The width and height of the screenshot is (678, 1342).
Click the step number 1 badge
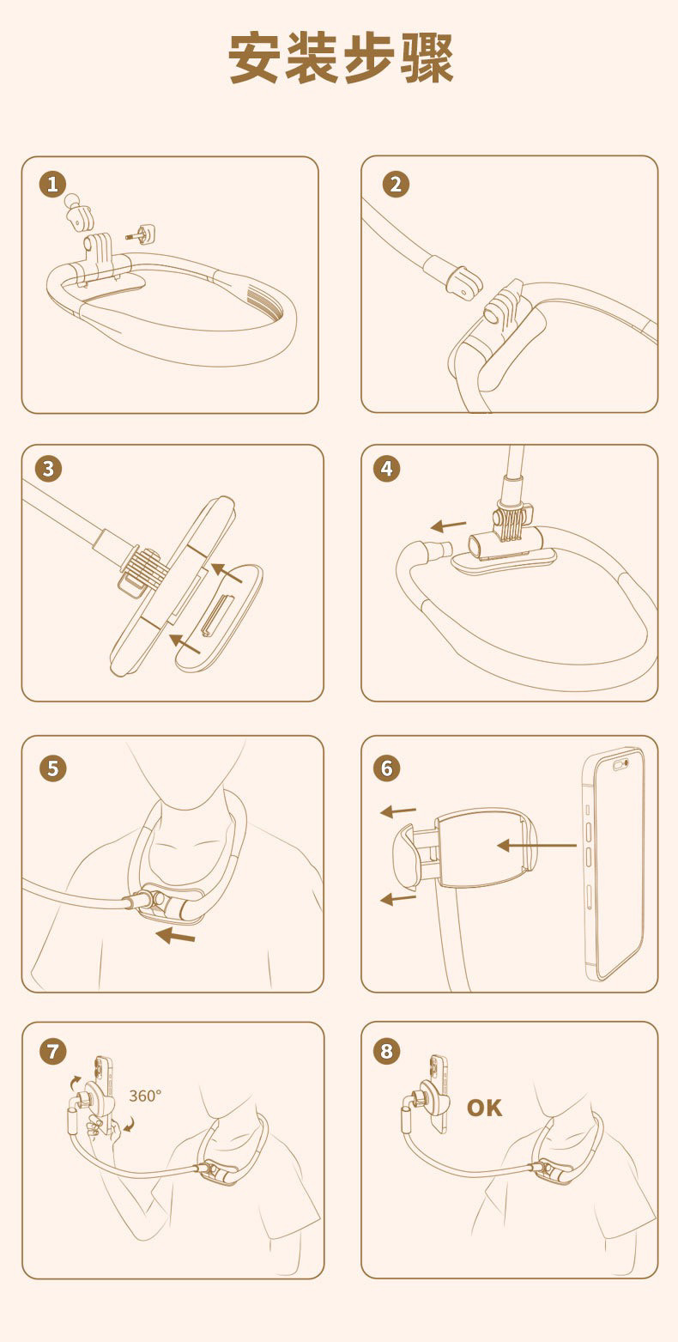(x=52, y=185)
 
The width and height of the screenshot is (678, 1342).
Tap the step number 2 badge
(x=396, y=185)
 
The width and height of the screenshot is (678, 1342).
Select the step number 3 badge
(x=49, y=469)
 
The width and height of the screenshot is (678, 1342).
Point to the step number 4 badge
(x=387, y=469)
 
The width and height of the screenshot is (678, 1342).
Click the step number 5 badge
(x=52, y=768)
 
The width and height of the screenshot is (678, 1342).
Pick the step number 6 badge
(x=387, y=768)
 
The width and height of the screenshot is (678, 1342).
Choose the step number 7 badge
(x=52, y=1051)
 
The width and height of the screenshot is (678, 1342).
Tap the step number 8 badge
(x=387, y=1051)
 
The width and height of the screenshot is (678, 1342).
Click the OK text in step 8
(x=485, y=1108)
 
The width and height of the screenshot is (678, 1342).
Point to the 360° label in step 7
(x=145, y=1096)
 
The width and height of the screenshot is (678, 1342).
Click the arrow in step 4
(x=449, y=526)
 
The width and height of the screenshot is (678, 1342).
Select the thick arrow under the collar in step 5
(x=175, y=935)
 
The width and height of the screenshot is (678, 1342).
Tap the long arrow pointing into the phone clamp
(x=536, y=846)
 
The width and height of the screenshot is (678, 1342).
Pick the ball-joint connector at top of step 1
(x=78, y=211)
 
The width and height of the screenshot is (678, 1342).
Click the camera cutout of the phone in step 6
(x=620, y=764)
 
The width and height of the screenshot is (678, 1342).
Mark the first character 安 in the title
(x=254, y=58)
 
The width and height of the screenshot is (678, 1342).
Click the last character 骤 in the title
(x=427, y=58)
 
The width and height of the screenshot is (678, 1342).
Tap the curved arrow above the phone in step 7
(x=75, y=1081)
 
